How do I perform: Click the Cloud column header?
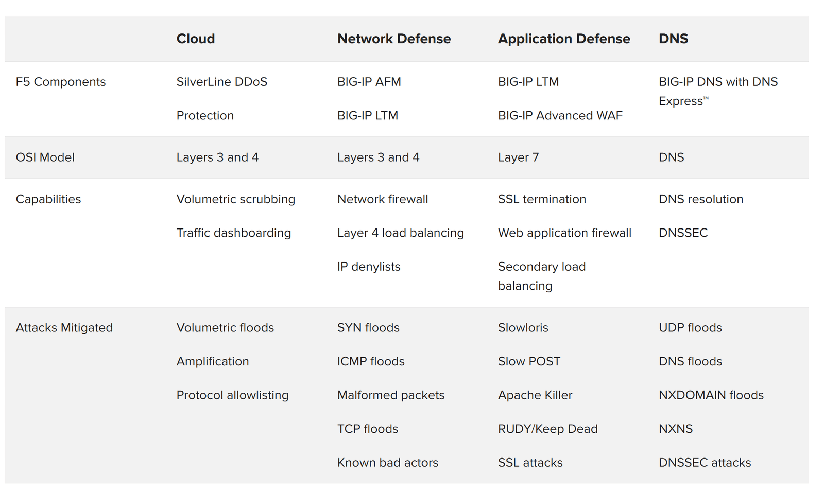coord(196,39)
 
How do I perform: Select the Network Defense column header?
coord(394,39)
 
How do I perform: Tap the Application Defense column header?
coord(564,39)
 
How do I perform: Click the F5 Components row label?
coord(61,82)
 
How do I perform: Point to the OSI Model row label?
coord(45,157)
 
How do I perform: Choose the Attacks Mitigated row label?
coord(64,328)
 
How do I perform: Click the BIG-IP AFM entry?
coord(369,82)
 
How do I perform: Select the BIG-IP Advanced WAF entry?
coord(560,116)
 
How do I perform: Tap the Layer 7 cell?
coord(519,157)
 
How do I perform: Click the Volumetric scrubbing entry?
coord(236,199)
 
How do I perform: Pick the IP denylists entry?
coord(369,267)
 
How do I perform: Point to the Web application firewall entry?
coord(565,233)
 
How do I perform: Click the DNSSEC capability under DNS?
coord(683,233)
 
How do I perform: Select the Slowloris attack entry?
coord(523,328)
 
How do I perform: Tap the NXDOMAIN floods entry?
coord(711,395)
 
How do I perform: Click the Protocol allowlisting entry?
coord(233,395)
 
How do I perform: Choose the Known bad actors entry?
coord(388,463)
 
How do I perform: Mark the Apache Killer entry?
coord(535,395)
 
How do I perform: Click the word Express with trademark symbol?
coord(683,101)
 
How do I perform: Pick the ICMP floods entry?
coord(371,361)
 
